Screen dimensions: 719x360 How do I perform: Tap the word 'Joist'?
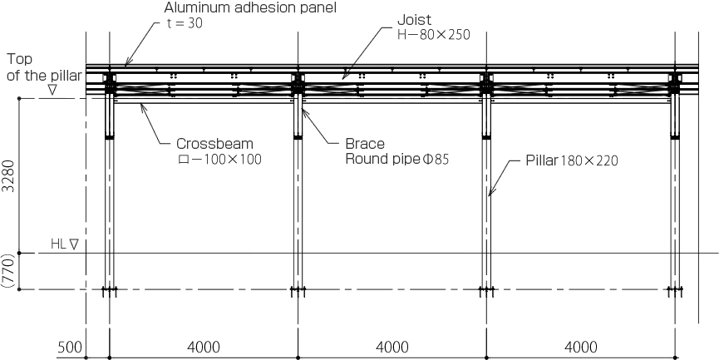click(415, 20)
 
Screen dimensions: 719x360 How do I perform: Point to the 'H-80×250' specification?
click(434, 35)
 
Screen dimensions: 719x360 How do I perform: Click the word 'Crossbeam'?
click(215, 144)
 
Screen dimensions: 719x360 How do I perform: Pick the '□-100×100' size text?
click(219, 160)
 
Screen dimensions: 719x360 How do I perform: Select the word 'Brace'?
click(365, 144)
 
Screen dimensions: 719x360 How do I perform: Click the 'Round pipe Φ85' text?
click(397, 160)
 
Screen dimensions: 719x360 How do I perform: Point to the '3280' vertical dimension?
click(9, 175)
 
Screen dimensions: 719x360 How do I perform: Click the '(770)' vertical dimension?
click(9, 271)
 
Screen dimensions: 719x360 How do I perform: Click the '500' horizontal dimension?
click(70, 348)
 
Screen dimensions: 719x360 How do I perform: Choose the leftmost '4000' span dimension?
click(204, 348)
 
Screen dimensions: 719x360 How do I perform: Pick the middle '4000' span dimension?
click(392, 348)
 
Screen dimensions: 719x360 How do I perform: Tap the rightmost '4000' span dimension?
click(580, 348)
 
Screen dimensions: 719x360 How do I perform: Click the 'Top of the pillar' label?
click(44, 67)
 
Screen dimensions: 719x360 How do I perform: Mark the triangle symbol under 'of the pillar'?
click(52, 90)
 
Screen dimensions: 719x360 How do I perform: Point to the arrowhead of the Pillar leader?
click(490, 193)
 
